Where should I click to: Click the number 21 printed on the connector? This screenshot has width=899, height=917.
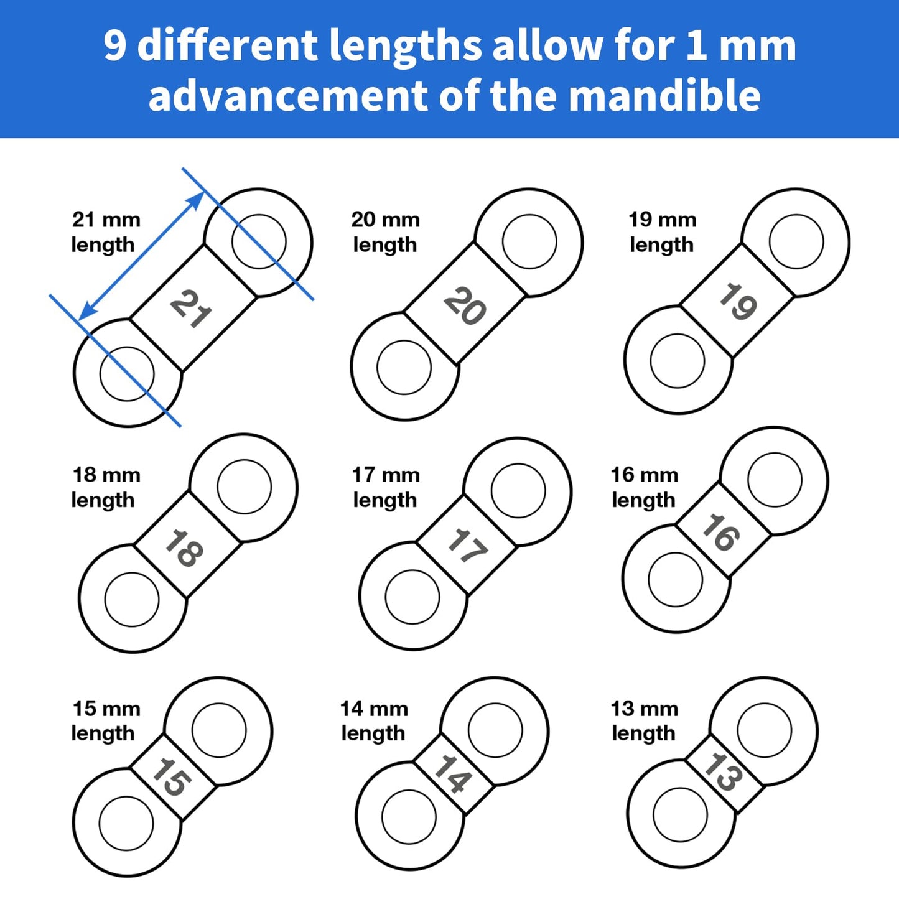[x=191, y=309]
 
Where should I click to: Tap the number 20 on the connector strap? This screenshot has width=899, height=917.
[x=465, y=306]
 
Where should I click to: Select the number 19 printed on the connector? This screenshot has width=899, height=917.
[x=738, y=302]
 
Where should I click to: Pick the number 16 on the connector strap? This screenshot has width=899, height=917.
[x=721, y=533]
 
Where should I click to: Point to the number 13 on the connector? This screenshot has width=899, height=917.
[x=723, y=772]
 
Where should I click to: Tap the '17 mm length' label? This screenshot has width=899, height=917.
[x=386, y=487]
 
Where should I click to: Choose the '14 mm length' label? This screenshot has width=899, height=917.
[x=374, y=720]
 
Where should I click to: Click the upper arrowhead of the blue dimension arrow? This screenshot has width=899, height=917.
[x=197, y=200]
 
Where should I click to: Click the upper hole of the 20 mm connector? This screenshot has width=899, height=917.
[x=529, y=242]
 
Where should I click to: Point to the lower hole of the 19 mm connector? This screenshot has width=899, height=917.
[x=677, y=361]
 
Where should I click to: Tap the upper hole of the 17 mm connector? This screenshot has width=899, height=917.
[x=518, y=490]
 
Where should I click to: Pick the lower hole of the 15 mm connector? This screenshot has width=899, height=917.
[x=126, y=822]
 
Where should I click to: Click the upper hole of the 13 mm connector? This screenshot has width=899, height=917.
[x=764, y=730]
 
